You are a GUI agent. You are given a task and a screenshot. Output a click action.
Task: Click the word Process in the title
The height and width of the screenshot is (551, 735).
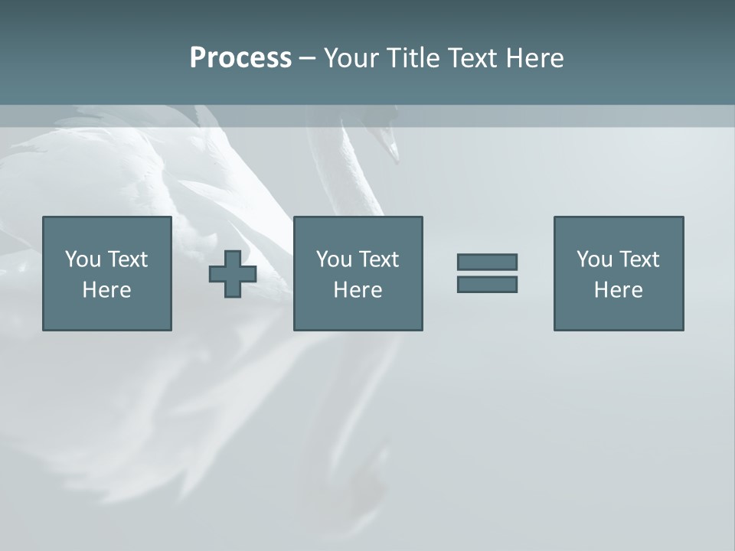click(240, 58)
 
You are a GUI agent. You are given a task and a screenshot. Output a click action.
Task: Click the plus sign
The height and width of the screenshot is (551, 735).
click(233, 274)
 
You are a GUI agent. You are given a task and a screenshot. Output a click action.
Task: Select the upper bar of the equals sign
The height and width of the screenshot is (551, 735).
click(487, 262)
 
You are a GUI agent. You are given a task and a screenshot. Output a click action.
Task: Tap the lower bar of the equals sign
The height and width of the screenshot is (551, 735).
click(487, 284)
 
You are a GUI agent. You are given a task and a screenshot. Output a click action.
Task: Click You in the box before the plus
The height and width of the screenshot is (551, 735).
click(83, 259)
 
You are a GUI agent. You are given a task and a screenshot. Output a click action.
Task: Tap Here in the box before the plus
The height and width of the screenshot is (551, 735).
click(107, 290)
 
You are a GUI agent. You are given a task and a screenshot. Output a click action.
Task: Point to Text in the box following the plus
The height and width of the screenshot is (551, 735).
click(379, 259)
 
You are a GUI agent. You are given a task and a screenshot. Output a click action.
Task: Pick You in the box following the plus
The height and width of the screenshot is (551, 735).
click(334, 259)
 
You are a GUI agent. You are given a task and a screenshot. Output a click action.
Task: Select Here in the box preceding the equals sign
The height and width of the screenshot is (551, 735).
click(358, 290)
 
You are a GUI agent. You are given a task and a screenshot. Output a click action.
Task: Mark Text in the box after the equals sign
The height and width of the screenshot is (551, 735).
click(639, 259)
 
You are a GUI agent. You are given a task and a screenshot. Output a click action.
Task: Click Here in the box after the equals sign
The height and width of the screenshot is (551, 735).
click(618, 290)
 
